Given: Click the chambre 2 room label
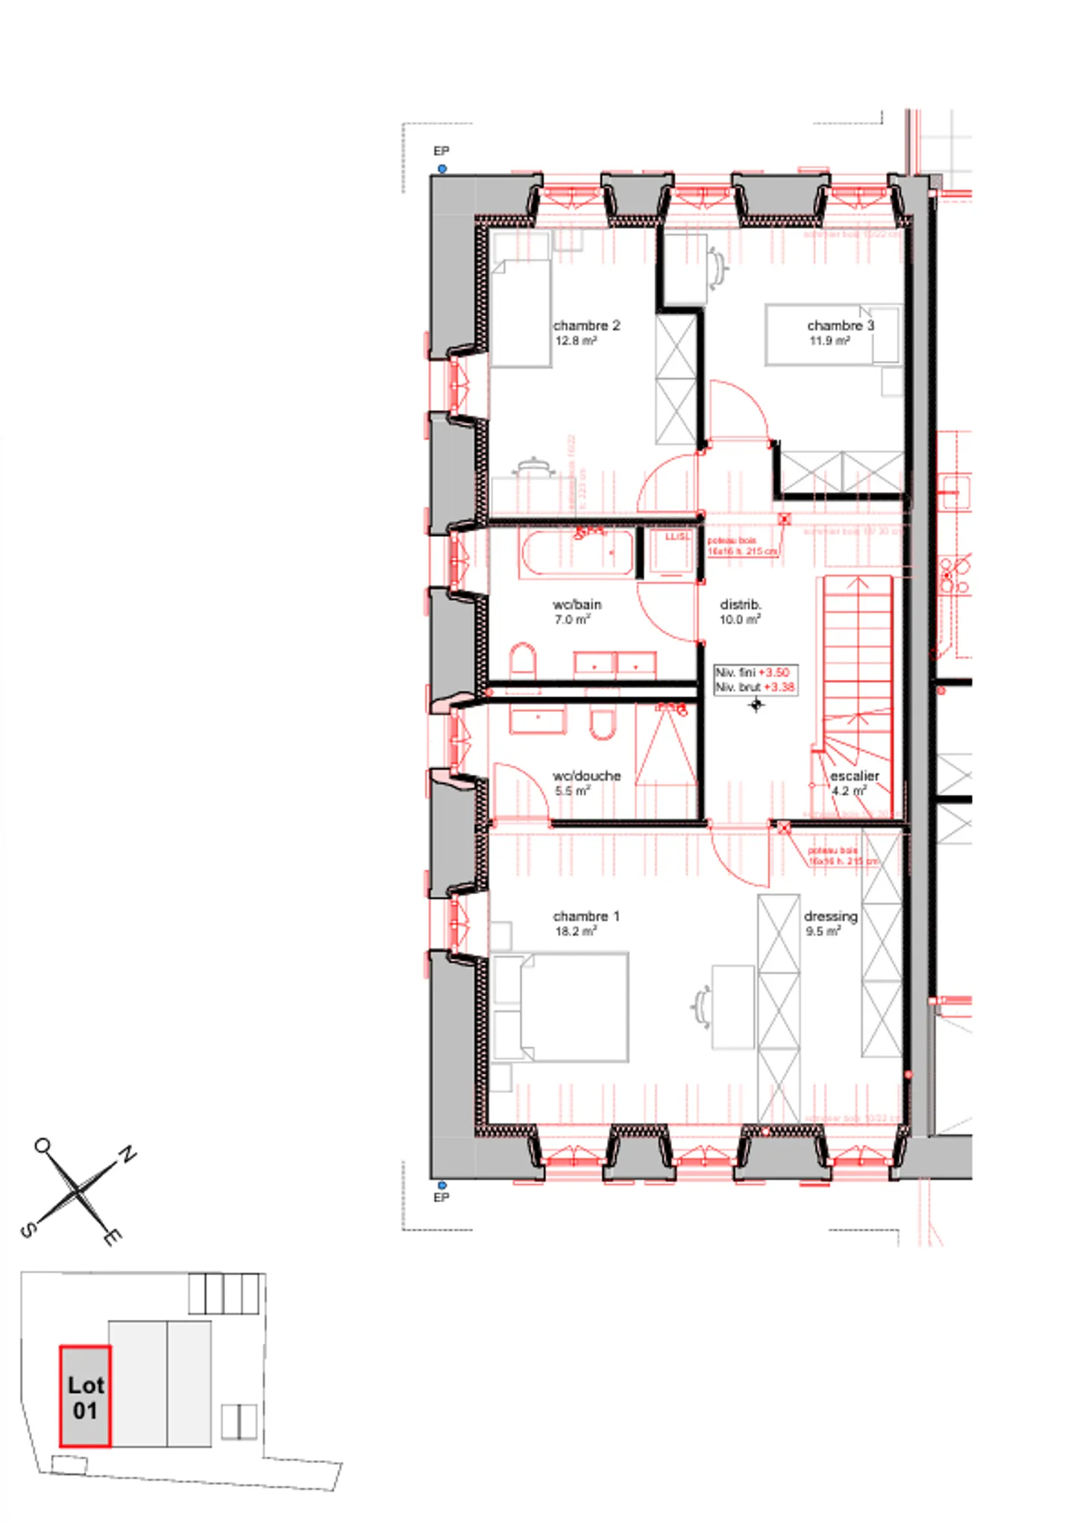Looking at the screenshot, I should click(586, 326).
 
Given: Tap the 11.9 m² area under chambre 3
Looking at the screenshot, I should click(829, 341).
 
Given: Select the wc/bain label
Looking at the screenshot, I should click(577, 604).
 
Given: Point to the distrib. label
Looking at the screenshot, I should click(740, 604).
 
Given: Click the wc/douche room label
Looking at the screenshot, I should click(586, 776).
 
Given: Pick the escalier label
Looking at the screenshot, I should click(855, 776).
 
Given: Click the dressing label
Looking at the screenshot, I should click(830, 916).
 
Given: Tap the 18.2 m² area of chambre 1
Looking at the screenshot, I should click(575, 931).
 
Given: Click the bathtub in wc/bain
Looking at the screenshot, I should click(577, 553).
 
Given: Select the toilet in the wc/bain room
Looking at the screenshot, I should click(523, 660).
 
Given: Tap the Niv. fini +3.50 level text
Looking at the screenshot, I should click(753, 672).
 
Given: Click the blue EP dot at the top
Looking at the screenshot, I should click(442, 169).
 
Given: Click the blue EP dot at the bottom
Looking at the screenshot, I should click(442, 1184).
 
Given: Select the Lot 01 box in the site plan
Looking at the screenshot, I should click(85, 1395).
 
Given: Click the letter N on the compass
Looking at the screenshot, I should click(128, 1154).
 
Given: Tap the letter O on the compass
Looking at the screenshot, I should click(43, 1145).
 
